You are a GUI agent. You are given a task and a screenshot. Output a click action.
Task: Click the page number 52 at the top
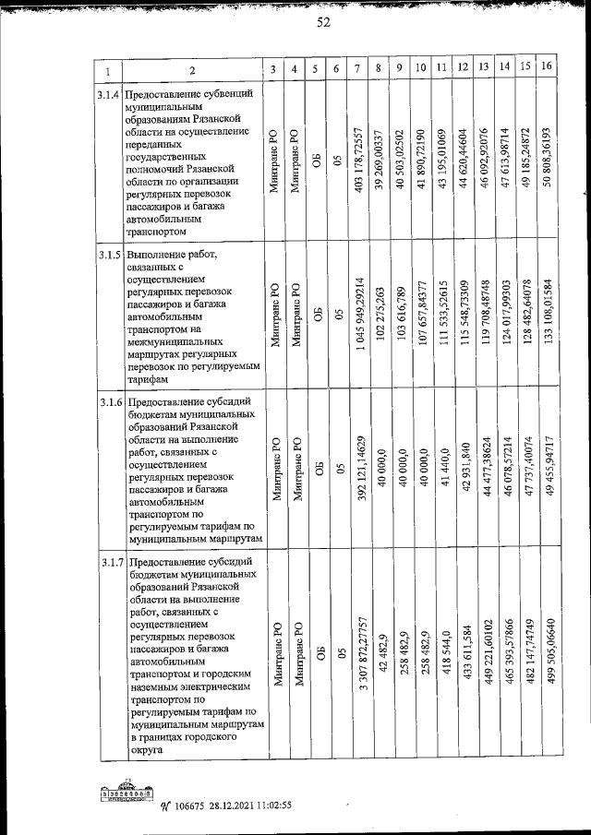(323, 24)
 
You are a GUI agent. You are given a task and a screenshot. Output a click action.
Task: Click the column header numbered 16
(547, 67)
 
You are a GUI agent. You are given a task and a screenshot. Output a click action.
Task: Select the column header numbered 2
(192, 70)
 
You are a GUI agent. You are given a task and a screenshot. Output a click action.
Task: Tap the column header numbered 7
(357, 68)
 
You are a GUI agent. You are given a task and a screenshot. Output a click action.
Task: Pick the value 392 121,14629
(357, 471)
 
